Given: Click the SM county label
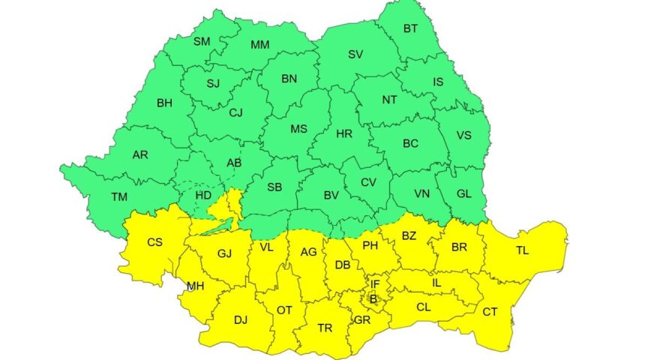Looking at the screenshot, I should [202, 41].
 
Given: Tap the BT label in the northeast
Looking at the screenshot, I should [411, 29].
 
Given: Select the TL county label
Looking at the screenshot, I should [522, 250].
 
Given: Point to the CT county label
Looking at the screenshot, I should [490, 311].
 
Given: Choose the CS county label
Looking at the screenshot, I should [154, 241].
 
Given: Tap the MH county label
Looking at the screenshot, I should [196, 286].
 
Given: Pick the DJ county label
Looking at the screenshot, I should [240, 320].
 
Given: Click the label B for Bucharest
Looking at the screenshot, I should [372, 298].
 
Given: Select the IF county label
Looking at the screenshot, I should [375, 283].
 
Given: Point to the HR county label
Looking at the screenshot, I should [344, 133].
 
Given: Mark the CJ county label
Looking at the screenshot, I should [236, 112].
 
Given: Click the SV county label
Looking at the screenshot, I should [355, 54].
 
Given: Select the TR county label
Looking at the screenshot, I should [325, 328].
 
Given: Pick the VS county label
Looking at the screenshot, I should [464, 136].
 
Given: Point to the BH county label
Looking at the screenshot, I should [164, 103].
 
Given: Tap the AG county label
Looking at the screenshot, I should [308, 252].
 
